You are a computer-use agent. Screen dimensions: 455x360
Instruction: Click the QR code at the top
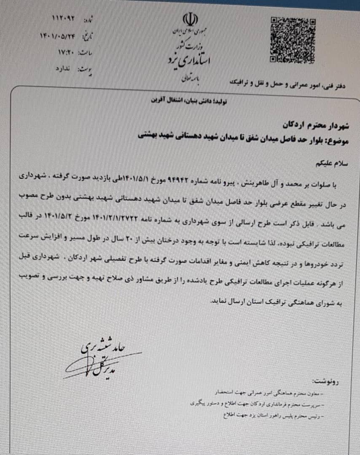coord(292,40)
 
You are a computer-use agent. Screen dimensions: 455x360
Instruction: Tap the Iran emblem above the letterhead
coord(190,20)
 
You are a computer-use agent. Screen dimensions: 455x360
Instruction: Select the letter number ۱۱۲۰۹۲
coord(63,18)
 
